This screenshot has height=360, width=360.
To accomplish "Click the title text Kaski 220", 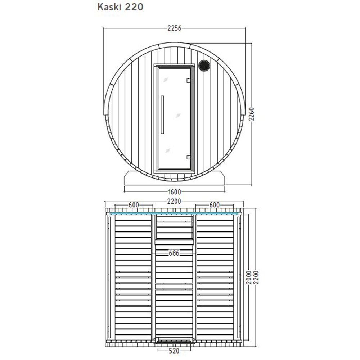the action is [x=120, y=7].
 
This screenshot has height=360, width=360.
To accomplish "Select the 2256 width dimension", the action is [x=175, y=28].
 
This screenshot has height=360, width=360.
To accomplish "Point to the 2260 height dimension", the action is [x=252, y=114].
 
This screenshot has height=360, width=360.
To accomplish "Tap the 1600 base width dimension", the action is [x=175, y=192].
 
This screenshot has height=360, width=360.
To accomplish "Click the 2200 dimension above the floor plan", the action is [x=174, y=201].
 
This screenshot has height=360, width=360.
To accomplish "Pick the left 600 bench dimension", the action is [x=134, y=205].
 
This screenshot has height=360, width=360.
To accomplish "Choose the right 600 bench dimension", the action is [x=215, y=205].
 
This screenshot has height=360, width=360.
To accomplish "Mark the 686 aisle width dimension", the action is [x=174, y=253].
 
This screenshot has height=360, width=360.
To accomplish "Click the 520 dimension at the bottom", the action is [x=174, y=351].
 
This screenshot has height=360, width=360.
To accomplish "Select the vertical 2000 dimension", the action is [x=249, y=277].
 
